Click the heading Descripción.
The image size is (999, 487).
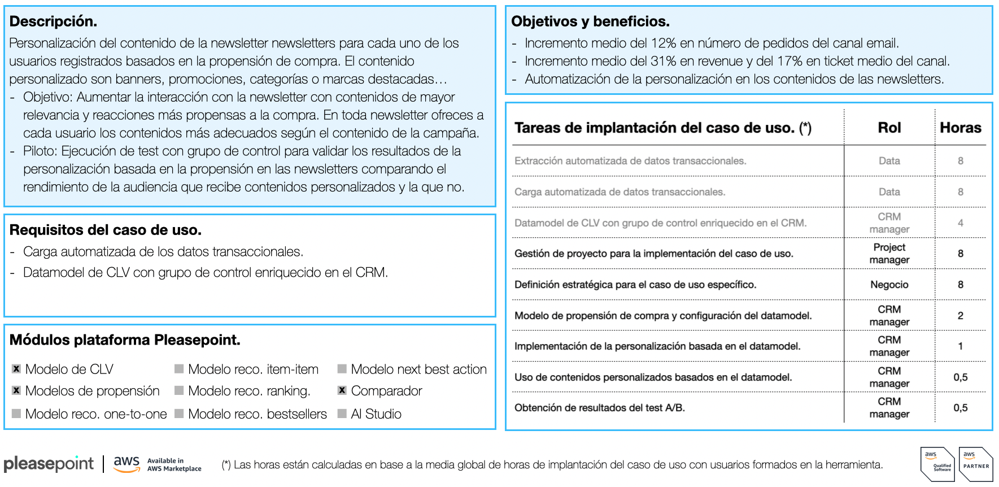pos(53,21)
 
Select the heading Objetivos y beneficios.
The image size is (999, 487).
pos(590,21)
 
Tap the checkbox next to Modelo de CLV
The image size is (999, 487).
pos(16,369)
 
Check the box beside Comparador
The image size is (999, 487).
pos(342,390)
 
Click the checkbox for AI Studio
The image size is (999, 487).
pos(342,414)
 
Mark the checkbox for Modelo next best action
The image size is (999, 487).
pos(342,369)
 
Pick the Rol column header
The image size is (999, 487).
pos(889,128)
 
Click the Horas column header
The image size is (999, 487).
pos(960,128)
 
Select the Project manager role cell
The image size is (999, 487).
pos(889,254)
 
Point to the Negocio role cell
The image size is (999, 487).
pos(889,285)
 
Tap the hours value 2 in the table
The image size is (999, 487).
pos(960,315)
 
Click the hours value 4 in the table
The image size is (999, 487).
pos(960,223)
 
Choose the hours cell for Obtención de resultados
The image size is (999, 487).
pos(960,408)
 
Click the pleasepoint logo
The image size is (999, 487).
pos(49,464)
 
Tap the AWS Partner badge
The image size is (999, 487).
pos(976,464)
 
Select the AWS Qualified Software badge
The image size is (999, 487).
pos(937,464)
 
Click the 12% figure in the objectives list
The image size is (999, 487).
pos(664,43)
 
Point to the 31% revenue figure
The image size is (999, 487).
pos(663,61)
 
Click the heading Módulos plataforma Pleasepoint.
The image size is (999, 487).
pos(125,340)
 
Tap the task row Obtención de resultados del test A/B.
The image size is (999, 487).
pos(599,408)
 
